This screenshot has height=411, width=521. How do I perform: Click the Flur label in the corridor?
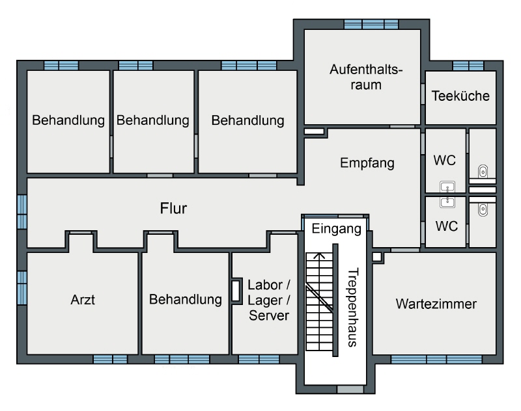click(x=174, y=209)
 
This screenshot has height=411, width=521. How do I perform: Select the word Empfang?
click(x=367, y=163)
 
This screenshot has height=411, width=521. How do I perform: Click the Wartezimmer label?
click(x=436, y=303)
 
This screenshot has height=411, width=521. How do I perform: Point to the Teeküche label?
click(x=461, y=96)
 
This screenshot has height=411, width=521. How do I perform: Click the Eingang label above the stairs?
click(x=336, y=229)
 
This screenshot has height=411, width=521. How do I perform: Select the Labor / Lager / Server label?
click(x=268, y=300)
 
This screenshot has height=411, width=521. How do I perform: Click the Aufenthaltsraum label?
click(x=363, y=76)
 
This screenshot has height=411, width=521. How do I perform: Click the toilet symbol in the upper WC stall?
click(x=483, y=172)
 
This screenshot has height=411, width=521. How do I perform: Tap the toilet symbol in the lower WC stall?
click(x=483, y=209)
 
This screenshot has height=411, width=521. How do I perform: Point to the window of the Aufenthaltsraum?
click(x=371, y=24)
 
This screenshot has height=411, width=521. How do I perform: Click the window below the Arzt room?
click(x=110, y=358)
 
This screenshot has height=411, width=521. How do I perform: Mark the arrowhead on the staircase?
click(x=318, y=256)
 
